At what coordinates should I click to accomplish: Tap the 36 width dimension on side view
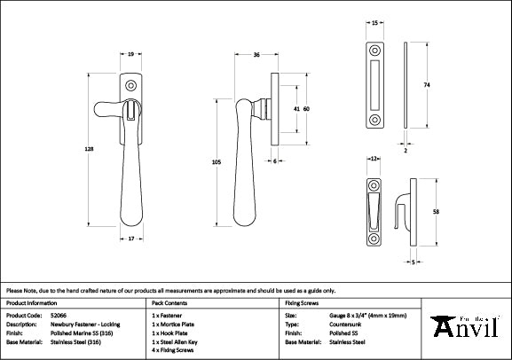(x=256, y=55)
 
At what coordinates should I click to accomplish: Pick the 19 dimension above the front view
(x=130, y=55)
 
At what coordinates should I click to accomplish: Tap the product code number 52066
(x=59, y=315)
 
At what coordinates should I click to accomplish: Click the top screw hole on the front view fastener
(x=131, y=86)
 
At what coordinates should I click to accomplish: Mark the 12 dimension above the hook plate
(x=374, y=157)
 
